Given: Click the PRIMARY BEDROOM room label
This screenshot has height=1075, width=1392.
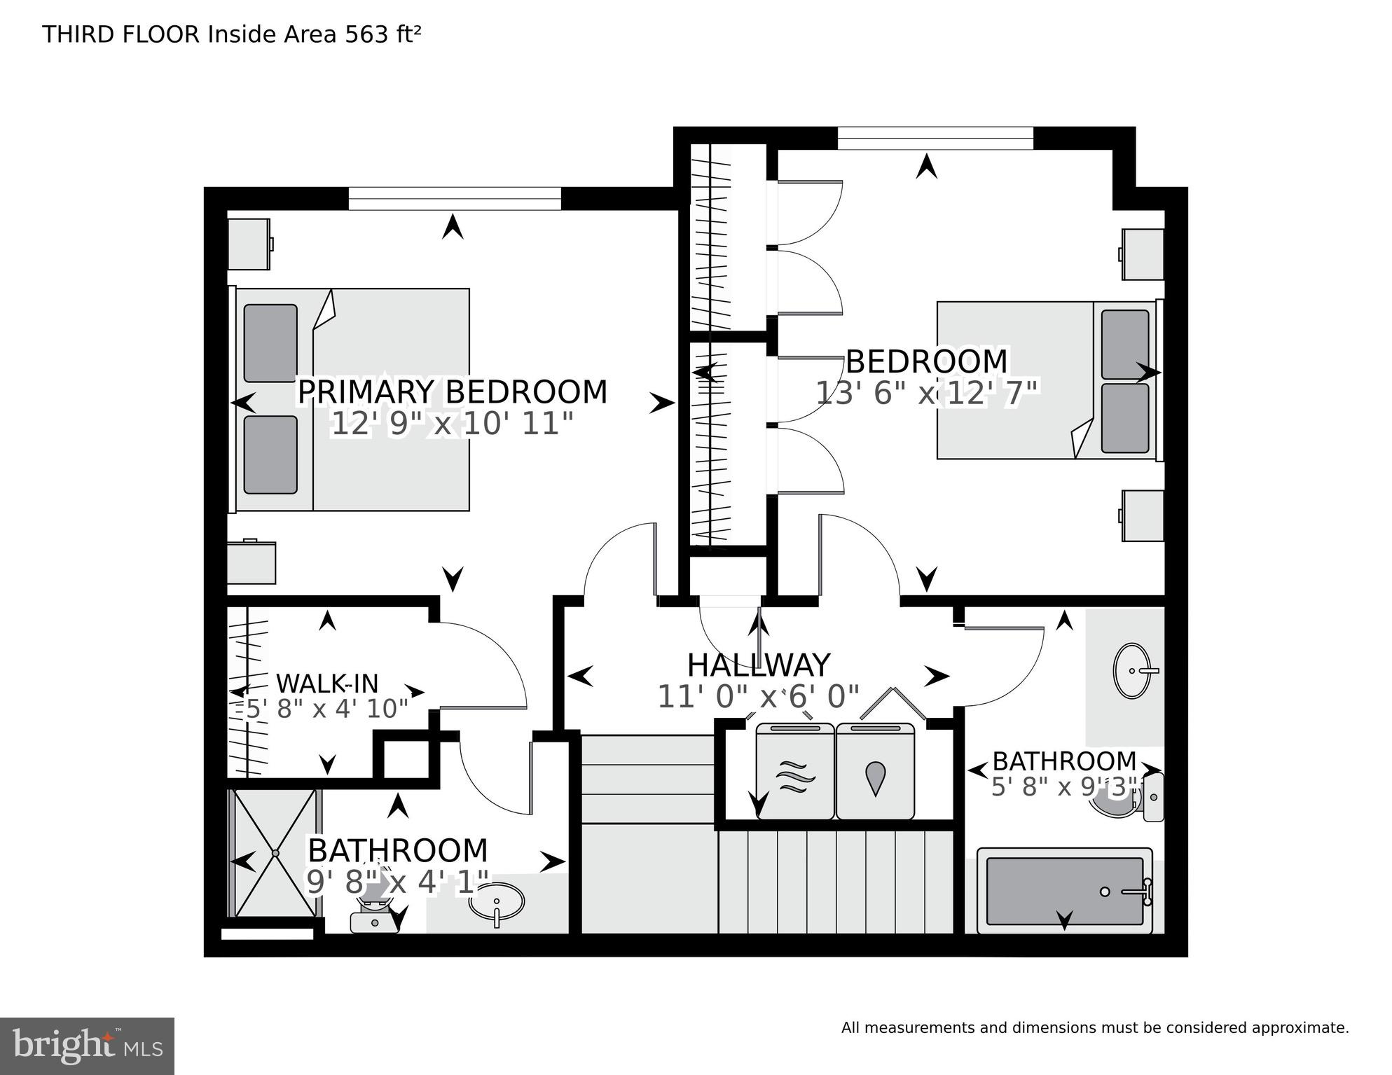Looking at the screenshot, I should tap(453, 392).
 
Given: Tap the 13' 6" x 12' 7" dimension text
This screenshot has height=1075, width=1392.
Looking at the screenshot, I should tap(926, 394).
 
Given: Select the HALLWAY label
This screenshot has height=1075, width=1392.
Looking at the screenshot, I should tap(759, 665).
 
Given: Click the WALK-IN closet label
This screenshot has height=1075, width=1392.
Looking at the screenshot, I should tap(327, 684).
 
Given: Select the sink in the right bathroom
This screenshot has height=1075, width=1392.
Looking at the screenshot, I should tap(1132, 671).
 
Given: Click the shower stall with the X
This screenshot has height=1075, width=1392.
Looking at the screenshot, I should tap(275, 853).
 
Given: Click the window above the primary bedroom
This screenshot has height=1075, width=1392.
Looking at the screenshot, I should tap(455, 198).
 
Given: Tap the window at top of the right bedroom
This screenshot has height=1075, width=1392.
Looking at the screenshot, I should tap(935, 138).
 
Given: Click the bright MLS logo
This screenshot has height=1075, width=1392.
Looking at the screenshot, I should tap(87, 1046).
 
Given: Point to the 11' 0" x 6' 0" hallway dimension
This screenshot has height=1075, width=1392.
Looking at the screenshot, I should tap(759, 697).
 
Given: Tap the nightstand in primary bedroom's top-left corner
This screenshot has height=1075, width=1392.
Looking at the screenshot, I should tap(249, 244).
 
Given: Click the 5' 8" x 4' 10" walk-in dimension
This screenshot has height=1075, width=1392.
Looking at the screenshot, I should tap(326, 709).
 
